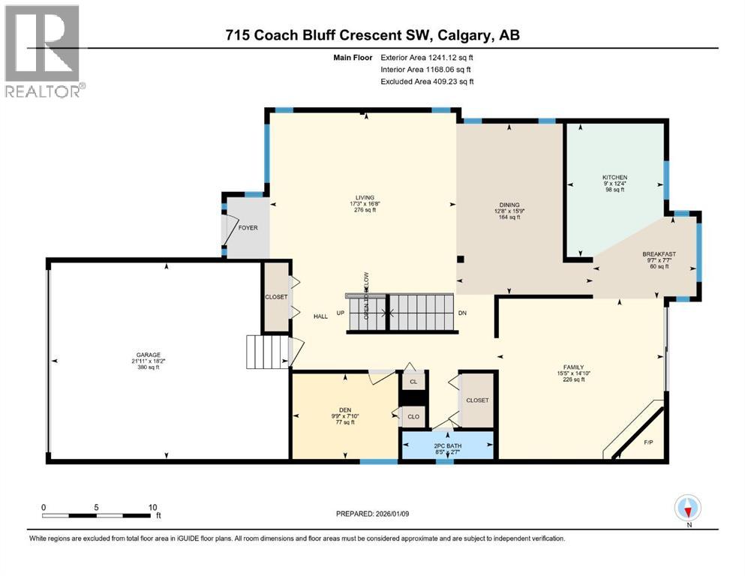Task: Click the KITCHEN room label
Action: coord(614,178)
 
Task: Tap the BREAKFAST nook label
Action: coord(659,254)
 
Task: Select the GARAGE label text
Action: coord(148,355)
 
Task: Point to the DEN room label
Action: coord(342,410)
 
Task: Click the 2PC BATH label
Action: coord(447,447)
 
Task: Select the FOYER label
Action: coord(248,227)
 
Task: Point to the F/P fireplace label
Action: coord(648,442)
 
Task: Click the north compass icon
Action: coord(688,508)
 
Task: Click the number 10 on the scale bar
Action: coord(152,507)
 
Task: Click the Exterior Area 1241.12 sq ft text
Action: coord(427,57)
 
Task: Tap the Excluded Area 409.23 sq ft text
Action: coord(427,81)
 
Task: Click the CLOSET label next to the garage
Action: coord(276,297)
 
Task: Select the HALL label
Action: coord(320,316)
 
